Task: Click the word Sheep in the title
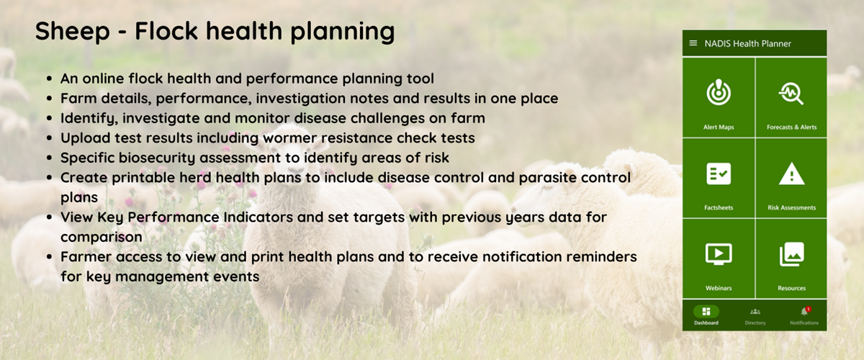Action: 73,32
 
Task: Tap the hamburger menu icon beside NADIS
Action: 693,43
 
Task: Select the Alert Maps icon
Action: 719,92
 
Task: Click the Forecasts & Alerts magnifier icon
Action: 791,94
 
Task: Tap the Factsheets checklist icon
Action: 719,174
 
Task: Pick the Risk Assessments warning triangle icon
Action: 791,174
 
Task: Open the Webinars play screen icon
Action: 719,254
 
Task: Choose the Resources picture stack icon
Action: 792,254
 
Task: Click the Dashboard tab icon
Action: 706,311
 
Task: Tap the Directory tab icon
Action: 755,311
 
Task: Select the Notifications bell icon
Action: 804,312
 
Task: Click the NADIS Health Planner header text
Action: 748,44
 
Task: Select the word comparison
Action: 102,238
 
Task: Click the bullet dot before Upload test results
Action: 49,138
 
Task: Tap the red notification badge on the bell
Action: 809,309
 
